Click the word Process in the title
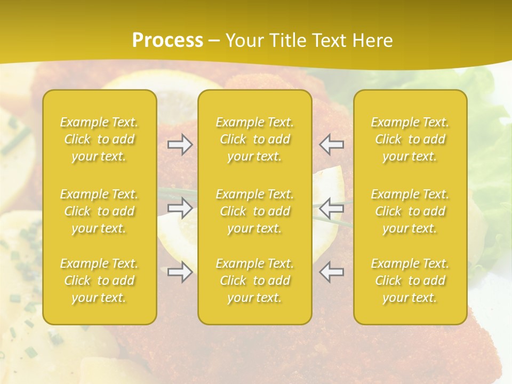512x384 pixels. tap(167, 41)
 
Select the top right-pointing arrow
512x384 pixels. tap(180, 145)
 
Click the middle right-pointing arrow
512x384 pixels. tap(180, 208)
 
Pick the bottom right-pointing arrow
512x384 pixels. tap(180, 272)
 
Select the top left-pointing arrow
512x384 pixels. tap(331, 145)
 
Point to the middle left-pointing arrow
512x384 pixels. tap(331, 208)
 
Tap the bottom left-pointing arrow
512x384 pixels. tap(331, 272)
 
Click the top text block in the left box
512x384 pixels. tap(99, 139)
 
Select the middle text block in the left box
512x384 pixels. tap(99, 211)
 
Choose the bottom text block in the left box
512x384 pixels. tap(99, 281)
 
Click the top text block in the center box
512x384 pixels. tap(254, 139)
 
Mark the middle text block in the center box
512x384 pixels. tap(254, 211)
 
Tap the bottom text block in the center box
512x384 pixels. tap(254, 281)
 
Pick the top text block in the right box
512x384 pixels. tap(410, 139)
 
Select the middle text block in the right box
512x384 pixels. tap(410, 211)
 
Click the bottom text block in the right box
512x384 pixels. tap(410, 281)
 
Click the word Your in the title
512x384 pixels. tap(243, 41)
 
